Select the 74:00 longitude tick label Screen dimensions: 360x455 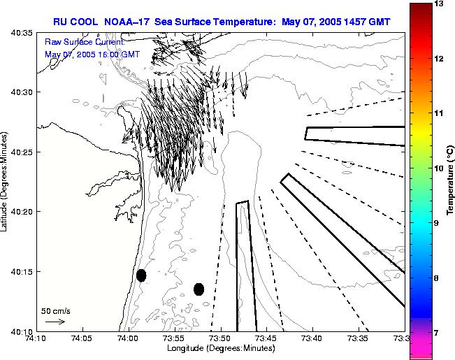tap(127, 339)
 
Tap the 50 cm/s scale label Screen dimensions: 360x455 tap(56, 311)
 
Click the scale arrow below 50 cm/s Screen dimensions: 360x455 tap(55, 322)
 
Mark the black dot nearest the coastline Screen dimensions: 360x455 tap(141, 275)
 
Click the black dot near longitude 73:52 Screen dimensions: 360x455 tap(198, 289)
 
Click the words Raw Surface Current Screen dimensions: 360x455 tap(84, 42)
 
